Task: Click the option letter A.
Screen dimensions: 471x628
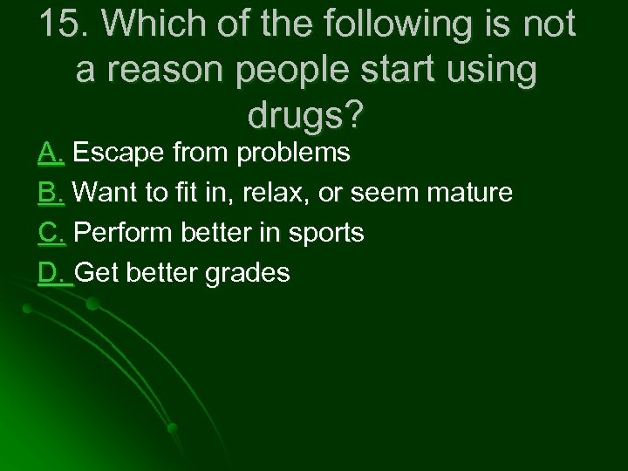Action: (51, 154)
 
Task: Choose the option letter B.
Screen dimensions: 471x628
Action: (51, 193)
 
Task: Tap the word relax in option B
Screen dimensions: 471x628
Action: (281, 193)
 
